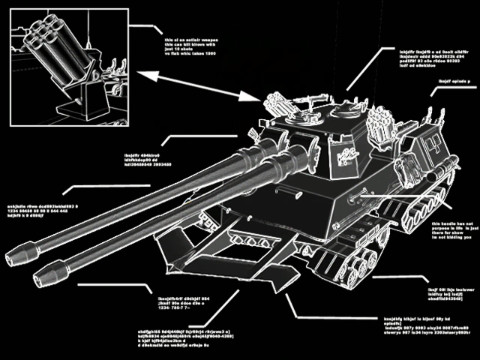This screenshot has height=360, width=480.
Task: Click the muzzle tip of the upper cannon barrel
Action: (x=14, y=258)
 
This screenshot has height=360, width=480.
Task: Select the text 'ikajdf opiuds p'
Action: (x=453, y=81)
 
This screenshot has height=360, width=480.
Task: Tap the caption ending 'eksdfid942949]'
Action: (x=449, y=292)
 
